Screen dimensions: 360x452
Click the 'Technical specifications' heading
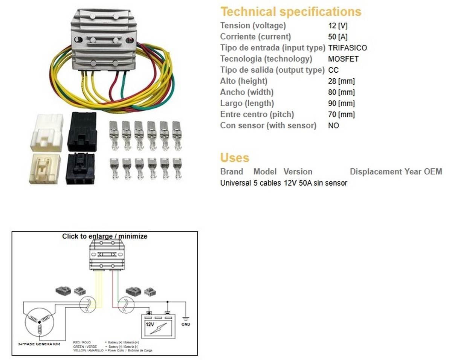pos(290,12)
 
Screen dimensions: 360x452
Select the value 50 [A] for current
pos(337,37)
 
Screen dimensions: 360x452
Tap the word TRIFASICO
pos(347,48)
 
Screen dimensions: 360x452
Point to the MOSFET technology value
pos(343,59)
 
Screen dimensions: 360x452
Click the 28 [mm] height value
pos(341,81)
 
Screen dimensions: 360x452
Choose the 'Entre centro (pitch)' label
pos(257,114)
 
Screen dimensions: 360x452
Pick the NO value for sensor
pos(333,125)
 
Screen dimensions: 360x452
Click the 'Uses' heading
pos(234,157)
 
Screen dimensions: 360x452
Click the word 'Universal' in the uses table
pos(235,183)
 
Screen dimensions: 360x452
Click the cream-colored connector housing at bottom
pos(45,168)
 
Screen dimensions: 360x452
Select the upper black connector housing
pos(82,132)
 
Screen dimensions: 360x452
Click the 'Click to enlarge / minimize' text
pos(105,236)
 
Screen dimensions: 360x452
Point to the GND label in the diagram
pos(186,324)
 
